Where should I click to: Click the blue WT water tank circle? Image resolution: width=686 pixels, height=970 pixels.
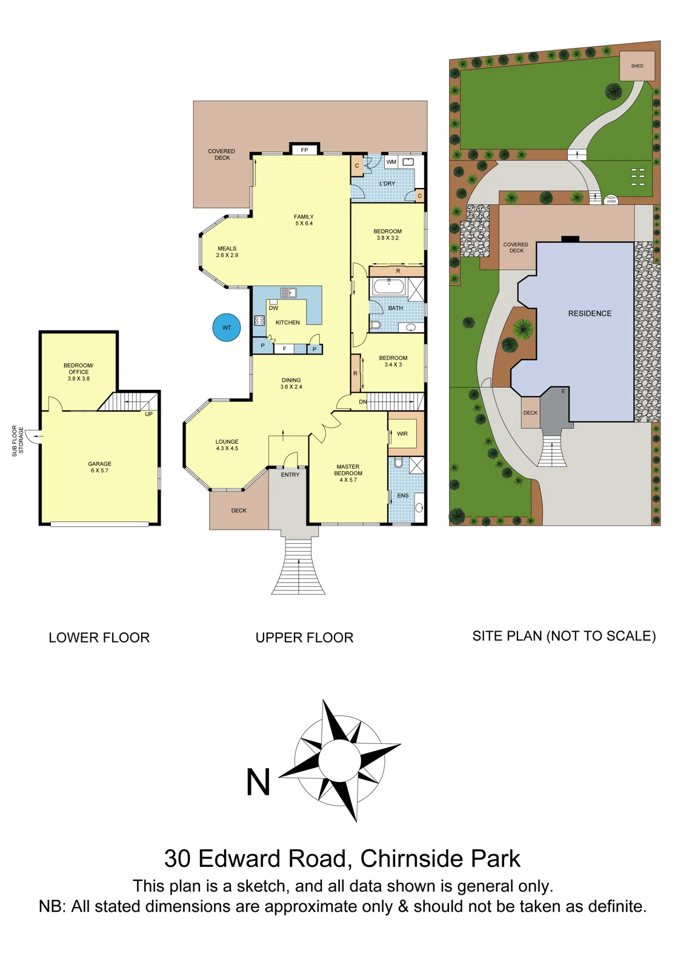point(227,327)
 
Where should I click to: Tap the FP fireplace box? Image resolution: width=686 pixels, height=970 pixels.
point(304,150)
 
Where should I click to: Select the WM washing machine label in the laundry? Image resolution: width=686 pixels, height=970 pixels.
point(391,162)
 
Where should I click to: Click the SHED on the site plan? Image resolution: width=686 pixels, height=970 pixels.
point(637,66)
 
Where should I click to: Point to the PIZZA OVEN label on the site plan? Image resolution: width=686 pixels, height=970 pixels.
point(611,199)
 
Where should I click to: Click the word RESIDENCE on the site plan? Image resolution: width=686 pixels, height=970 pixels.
point(590,313)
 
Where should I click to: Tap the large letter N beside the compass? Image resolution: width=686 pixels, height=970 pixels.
point(258,783)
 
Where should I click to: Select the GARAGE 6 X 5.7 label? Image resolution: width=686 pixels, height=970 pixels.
point(99,467)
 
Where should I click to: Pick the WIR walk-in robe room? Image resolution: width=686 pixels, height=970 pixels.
point(402,433)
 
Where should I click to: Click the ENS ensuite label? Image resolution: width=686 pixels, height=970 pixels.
point(403,495)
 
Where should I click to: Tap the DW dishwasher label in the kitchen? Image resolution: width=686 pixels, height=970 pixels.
point(273,308)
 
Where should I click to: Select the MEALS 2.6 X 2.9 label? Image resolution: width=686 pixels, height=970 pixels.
point(227,252)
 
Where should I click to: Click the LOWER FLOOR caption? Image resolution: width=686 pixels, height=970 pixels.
point(99,638)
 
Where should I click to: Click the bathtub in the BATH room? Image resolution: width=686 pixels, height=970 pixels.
point(388,286)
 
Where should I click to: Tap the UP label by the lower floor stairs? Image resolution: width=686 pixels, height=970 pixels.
point(148,414)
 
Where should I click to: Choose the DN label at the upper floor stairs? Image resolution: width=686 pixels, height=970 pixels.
point(362,402)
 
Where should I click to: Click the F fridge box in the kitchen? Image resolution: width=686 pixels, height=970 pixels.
point(284,349)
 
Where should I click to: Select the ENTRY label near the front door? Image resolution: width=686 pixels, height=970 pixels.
point(290,475)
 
